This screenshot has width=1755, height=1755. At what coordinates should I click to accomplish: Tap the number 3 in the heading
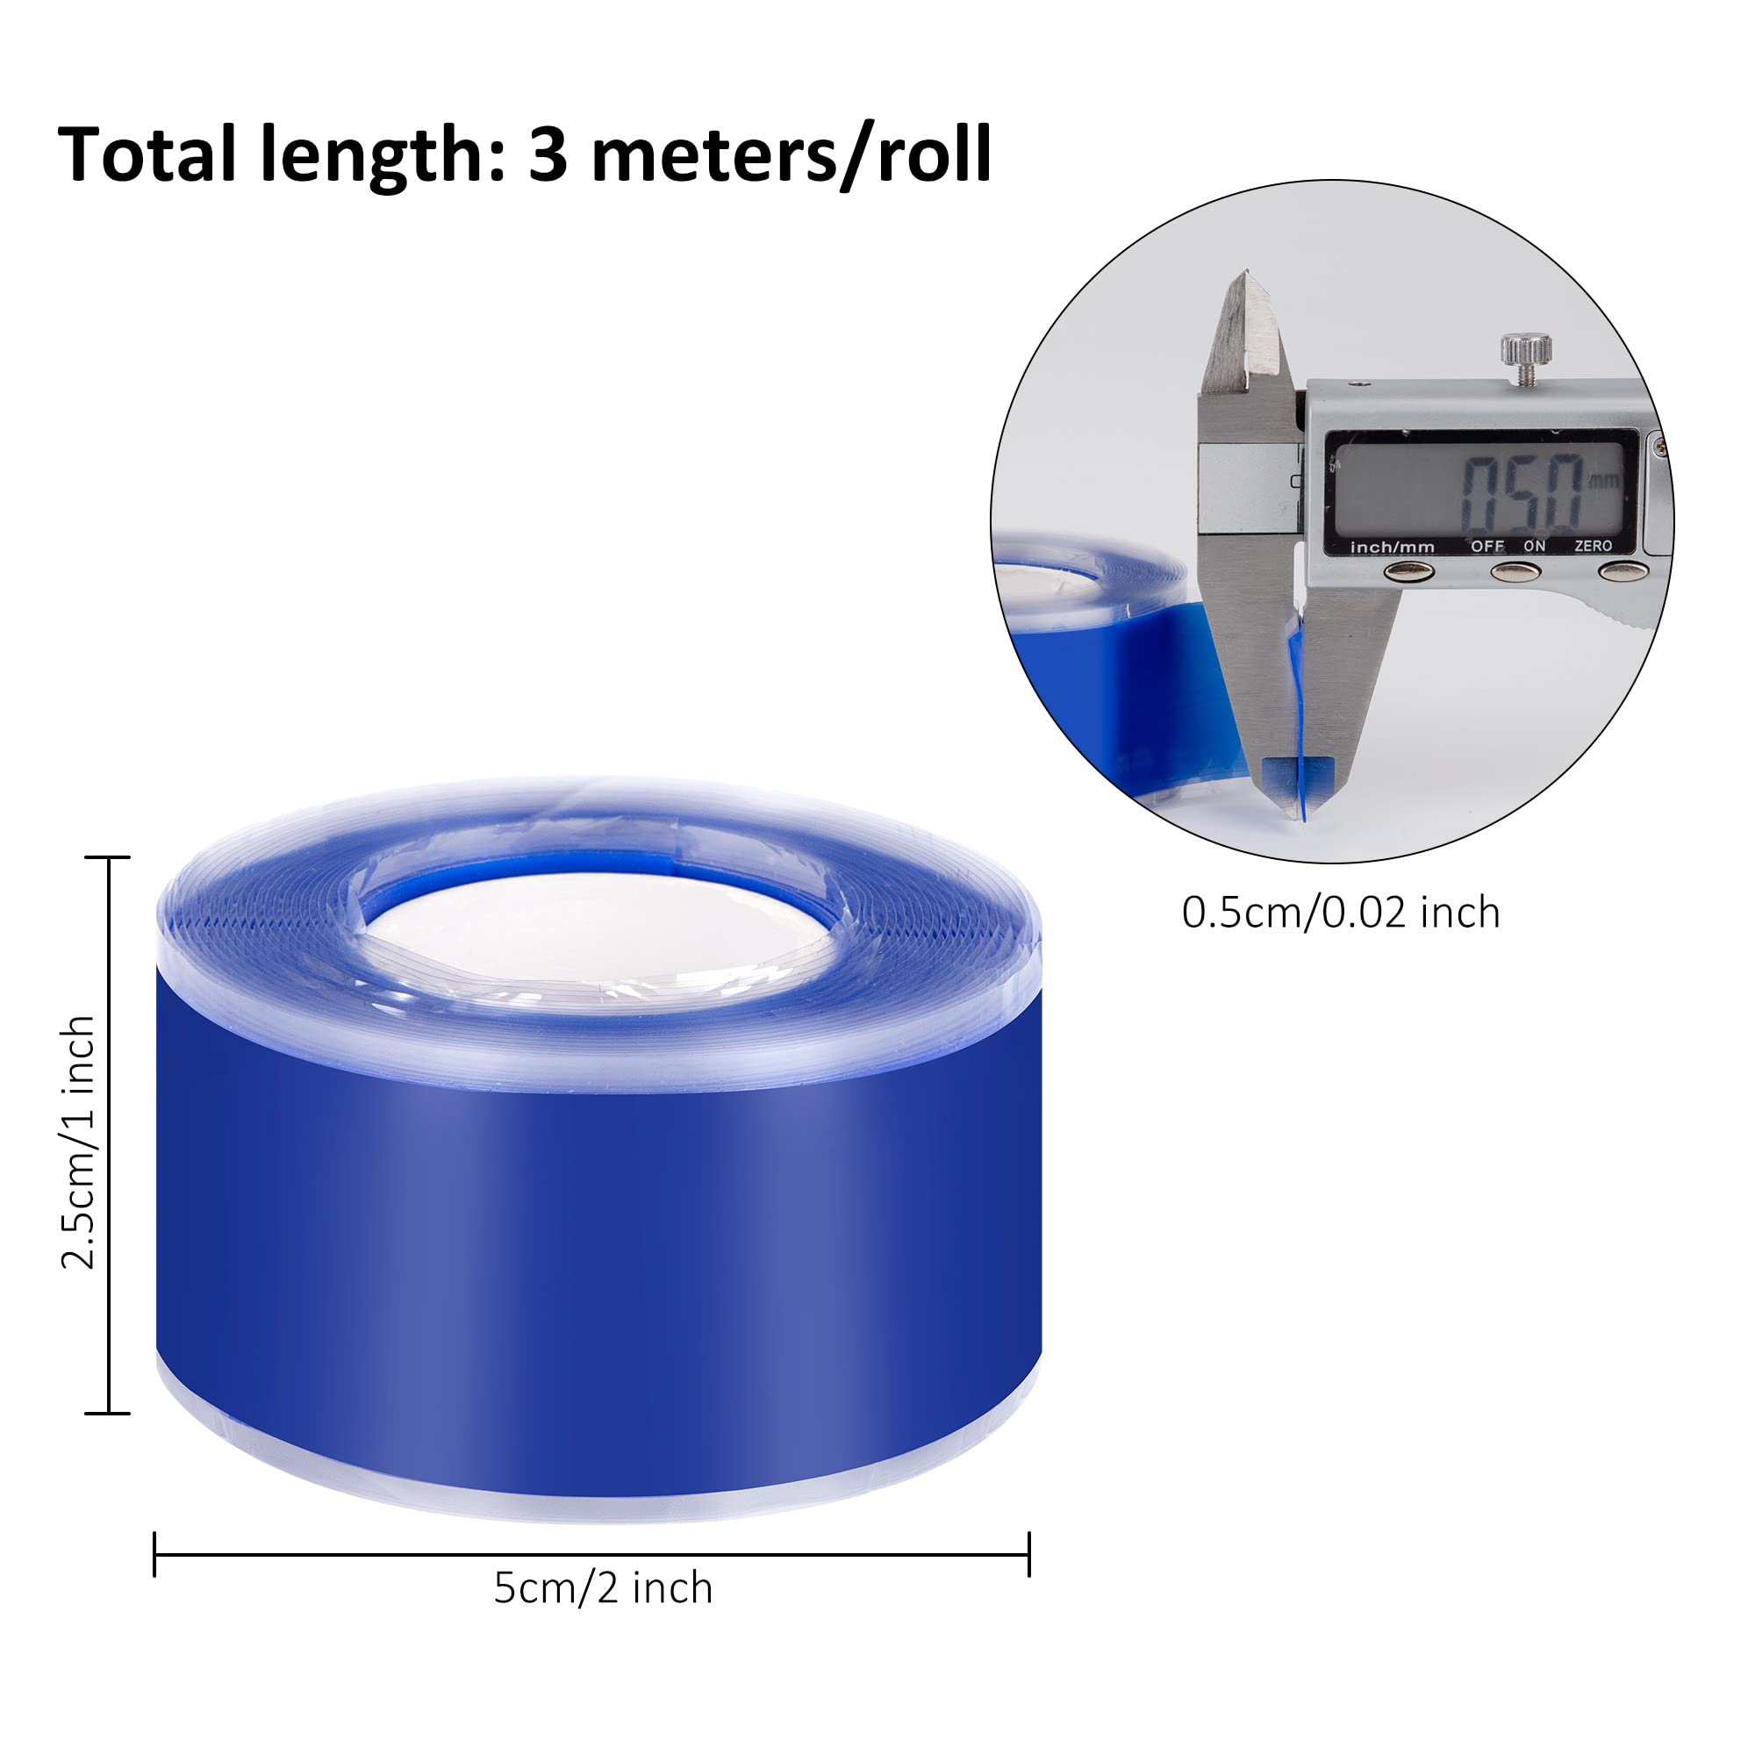pos(548,155)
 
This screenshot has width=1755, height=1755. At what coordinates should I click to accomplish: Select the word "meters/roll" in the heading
pos(791,156)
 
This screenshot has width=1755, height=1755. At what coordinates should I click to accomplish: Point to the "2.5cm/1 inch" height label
pos(78,1142)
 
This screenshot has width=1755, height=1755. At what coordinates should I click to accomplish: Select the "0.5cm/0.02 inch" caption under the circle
pos(1341,913)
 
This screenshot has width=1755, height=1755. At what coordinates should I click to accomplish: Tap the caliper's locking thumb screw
pos(1526,355)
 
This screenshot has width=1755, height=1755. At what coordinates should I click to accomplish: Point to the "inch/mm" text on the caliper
pos(1393,547)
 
